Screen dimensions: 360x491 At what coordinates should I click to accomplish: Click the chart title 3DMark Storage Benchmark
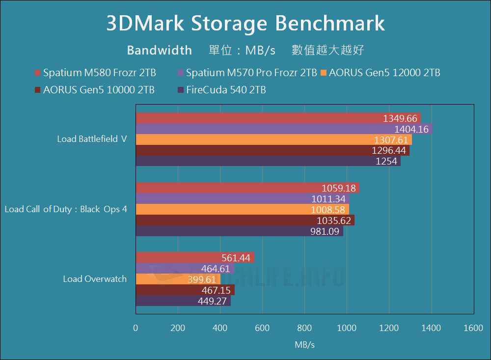point(245,24)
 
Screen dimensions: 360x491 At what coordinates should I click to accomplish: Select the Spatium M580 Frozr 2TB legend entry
point(95,73)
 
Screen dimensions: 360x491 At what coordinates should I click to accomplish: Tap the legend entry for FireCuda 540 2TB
point(221,90)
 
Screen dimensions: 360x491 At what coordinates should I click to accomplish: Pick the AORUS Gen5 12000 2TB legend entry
point(380,73)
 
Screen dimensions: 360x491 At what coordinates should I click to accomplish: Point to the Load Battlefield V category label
point(92,139)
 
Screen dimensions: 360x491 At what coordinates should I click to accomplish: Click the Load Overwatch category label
point(95,279)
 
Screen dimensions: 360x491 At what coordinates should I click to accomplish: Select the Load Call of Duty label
point(66,209)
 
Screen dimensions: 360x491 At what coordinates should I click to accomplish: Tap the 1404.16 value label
point(411,130)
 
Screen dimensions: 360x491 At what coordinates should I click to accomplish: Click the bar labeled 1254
point(268,161)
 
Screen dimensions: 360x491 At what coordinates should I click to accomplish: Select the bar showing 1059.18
point(247,188)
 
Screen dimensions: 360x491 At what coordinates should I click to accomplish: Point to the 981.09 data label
point(325,231)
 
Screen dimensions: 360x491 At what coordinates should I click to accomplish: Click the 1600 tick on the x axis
point(473,328)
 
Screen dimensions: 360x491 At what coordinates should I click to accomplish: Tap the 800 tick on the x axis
point(304,328)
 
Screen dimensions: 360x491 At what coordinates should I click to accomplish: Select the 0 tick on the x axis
point(136,328)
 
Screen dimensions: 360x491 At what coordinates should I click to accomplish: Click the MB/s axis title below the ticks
point(304,345)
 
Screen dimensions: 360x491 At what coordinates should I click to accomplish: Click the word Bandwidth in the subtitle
point(159,50)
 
